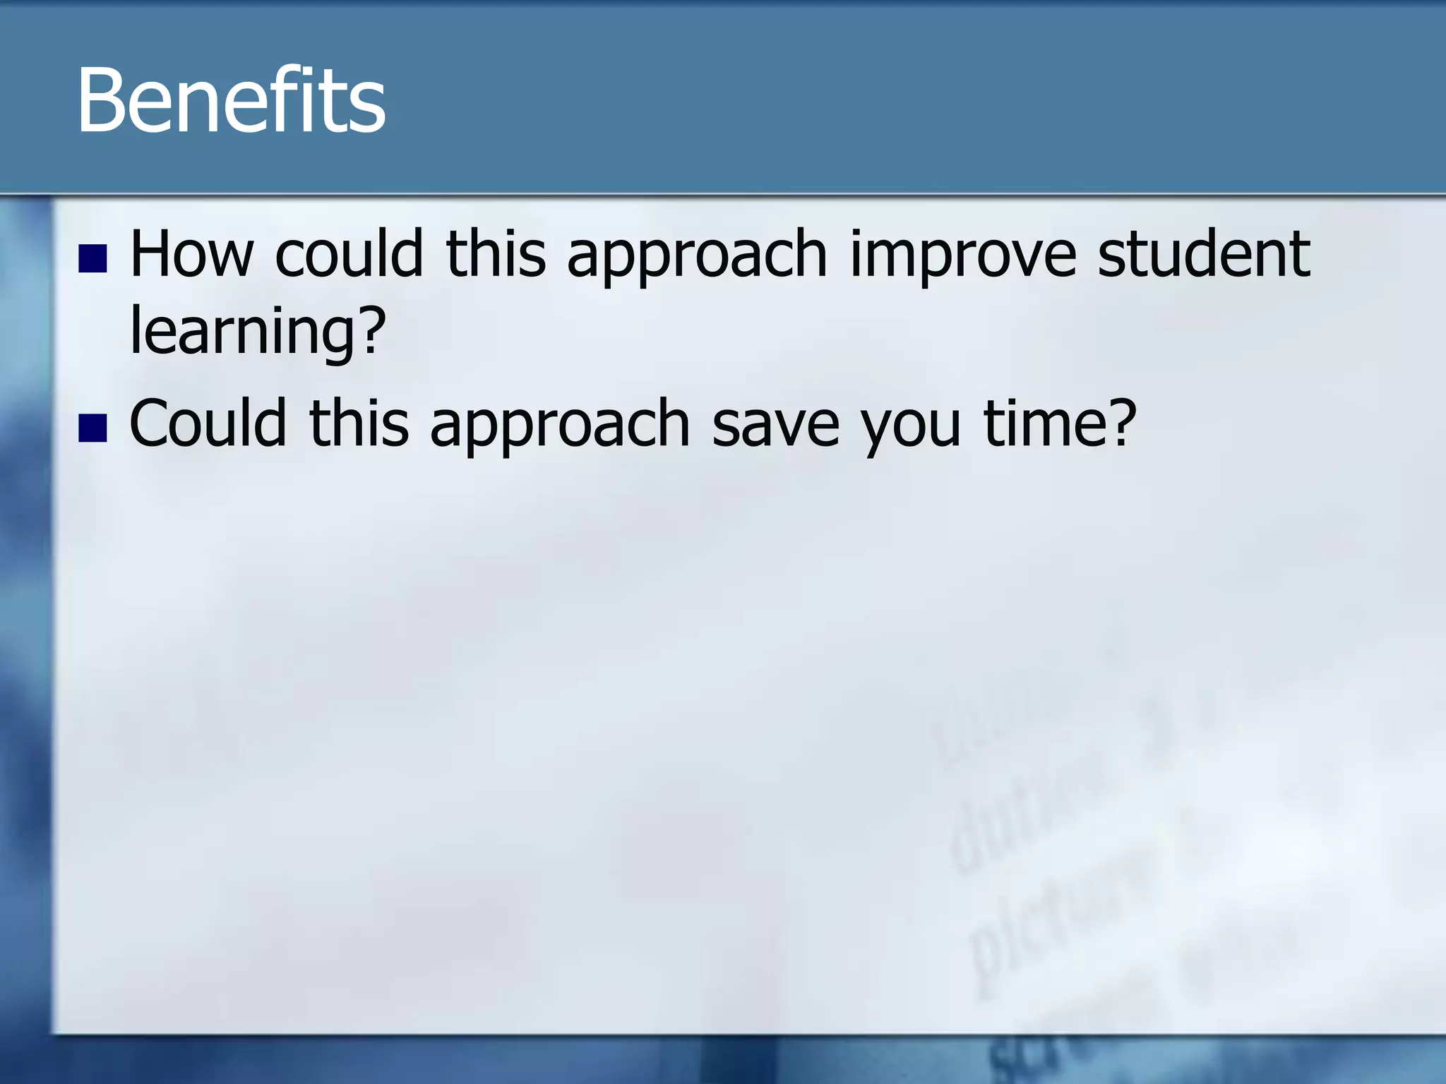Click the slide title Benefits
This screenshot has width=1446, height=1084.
point(231,100)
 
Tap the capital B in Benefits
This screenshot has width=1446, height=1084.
point(101,100)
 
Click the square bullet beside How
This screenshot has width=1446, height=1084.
point(92,258)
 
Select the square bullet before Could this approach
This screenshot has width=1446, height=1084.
point(92,428)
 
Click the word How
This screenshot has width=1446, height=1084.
point(191,254)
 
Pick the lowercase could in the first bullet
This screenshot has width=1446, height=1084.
point(349,254)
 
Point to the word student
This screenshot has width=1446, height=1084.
point(1204,254)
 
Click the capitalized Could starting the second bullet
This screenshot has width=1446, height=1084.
point(208,423)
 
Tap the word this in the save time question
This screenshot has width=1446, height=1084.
point(359,423)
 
